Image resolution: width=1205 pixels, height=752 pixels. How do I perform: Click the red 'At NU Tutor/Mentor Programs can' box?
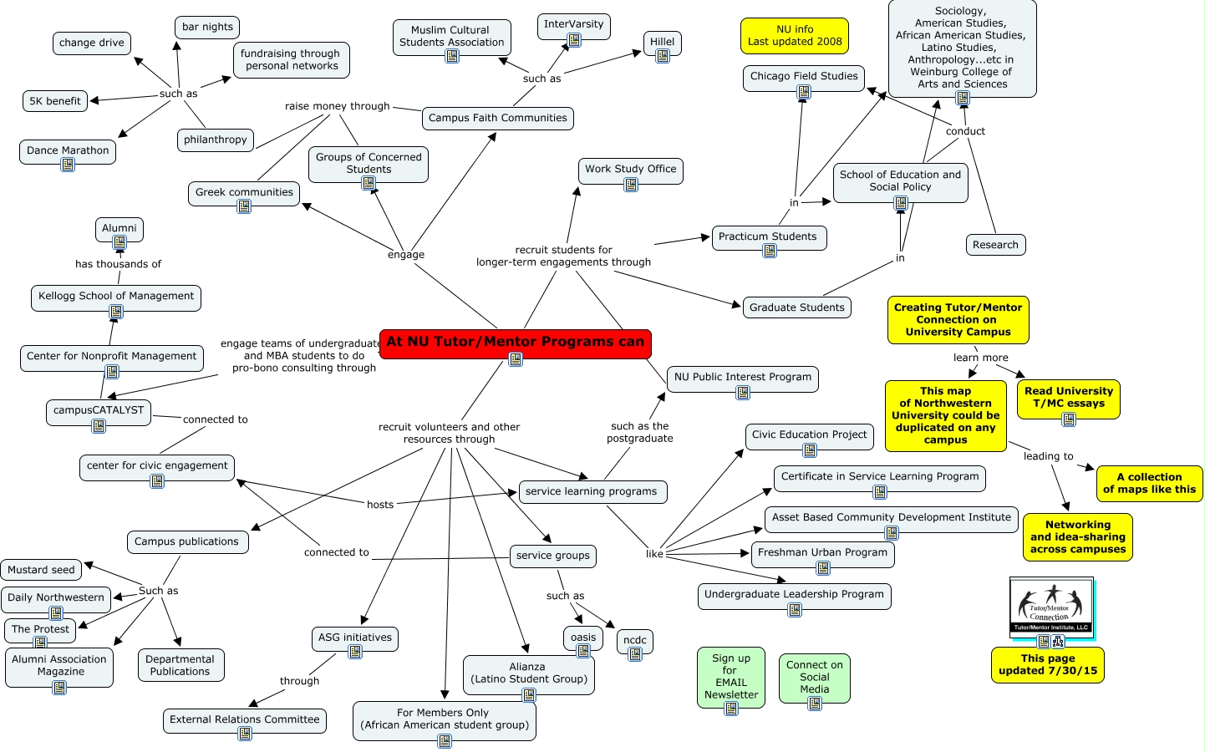click(516, 343)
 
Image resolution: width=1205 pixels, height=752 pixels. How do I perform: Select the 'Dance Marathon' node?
click(68, 151)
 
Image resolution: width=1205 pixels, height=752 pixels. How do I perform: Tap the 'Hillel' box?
click(662, 43)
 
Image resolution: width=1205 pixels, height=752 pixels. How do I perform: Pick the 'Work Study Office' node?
click(630, 171)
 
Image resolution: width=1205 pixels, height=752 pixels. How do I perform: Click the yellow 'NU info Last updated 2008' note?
click(795, 35)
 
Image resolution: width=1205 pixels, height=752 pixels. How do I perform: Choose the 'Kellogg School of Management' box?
click(116, 298)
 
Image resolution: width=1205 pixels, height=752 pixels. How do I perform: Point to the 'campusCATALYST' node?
click(99, 413)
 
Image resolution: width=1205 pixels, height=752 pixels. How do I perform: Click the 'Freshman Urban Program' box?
click(822, 555)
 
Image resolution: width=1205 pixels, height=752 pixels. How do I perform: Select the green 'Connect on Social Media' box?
click(815, 678)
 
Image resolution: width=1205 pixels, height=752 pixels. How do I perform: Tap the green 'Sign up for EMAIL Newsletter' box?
click(730, 678)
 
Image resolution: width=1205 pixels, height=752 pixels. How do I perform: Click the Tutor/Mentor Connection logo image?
click(1051, 607)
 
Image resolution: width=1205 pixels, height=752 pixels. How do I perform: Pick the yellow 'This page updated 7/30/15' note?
click(1047, 665)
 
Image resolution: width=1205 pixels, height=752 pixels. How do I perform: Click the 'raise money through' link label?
click(338, 106)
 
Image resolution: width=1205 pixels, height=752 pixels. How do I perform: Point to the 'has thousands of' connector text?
click(119, 263)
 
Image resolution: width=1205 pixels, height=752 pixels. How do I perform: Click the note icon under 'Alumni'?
click(119, 242)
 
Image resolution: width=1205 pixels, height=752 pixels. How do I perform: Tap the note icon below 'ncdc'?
click(635, 653)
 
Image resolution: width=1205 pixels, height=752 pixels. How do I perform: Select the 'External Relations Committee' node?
click(245, 721)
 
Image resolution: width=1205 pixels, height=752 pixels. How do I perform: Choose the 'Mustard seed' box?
click(41, 570)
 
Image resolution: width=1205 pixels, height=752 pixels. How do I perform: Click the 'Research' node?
click(996, 245)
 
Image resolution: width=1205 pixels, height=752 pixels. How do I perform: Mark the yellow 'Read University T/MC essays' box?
click(1068, 399)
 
